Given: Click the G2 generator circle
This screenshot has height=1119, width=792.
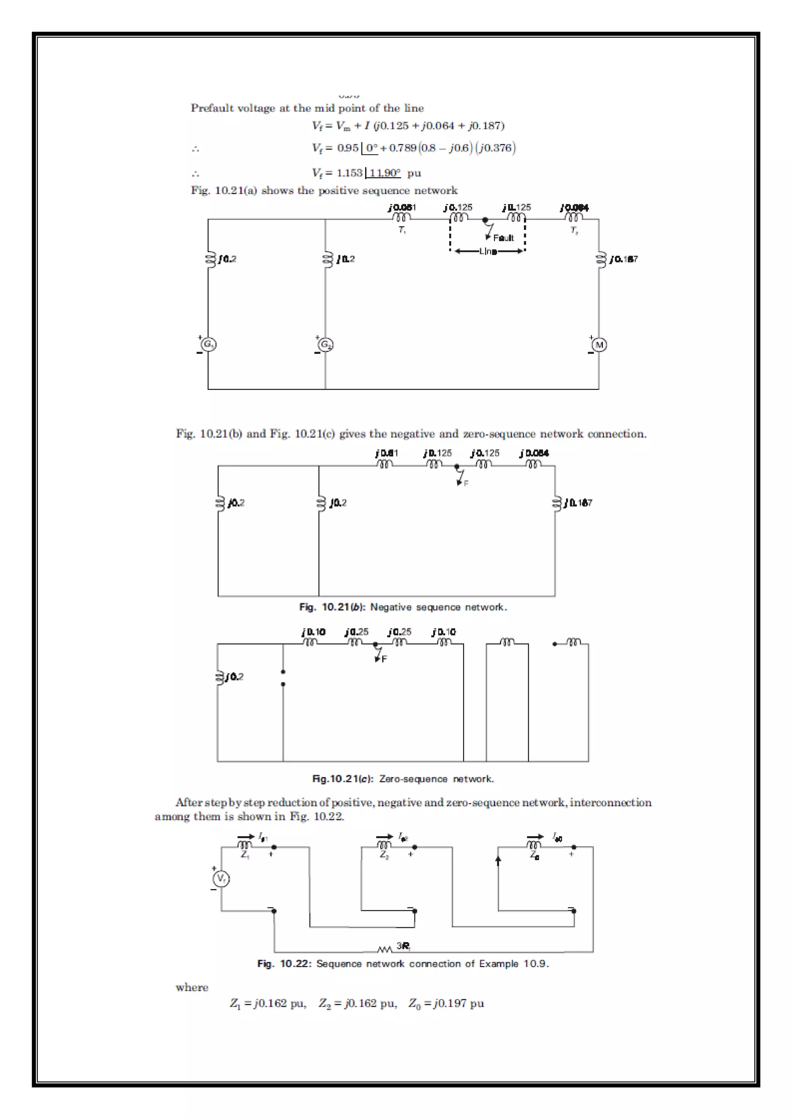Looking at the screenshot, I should [326, 345].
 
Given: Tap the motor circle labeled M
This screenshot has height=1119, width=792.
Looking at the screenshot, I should [599, 345].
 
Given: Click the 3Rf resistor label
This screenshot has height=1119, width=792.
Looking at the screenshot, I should [403, 946].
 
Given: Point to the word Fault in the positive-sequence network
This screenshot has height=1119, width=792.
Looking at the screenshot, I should [503, 238].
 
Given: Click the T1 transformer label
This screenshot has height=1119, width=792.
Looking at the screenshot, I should [402, 230].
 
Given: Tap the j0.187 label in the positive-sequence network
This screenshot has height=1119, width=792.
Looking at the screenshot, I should [623, 259].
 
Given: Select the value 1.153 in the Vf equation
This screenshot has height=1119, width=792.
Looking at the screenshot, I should [349, 173].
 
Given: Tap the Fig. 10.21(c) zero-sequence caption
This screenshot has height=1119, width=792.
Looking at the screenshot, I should [403, 779].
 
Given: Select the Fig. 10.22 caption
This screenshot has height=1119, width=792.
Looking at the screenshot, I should [403, 964].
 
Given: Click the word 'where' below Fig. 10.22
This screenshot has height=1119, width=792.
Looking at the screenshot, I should [192, 987].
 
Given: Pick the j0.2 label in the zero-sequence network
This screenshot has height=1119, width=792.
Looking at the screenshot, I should [235, 677].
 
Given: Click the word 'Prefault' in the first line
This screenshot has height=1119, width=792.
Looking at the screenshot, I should [210, 108].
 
